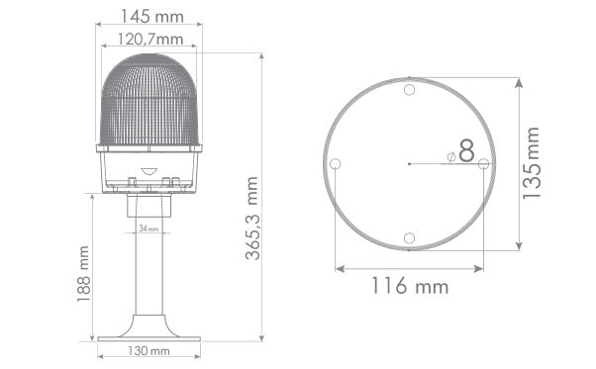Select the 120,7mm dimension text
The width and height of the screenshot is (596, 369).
150,40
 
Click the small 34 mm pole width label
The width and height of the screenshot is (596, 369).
149,230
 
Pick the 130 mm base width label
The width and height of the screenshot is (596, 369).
149,351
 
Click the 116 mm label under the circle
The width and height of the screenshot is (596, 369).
410,287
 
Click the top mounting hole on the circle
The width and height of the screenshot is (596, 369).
410,89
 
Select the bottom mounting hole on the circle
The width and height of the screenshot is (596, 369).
410,237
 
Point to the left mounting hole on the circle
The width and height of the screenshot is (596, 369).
336,163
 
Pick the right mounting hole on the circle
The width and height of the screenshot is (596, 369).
483,163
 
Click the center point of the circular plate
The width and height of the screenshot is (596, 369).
410,163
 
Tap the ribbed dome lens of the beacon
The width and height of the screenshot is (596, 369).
149,99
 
